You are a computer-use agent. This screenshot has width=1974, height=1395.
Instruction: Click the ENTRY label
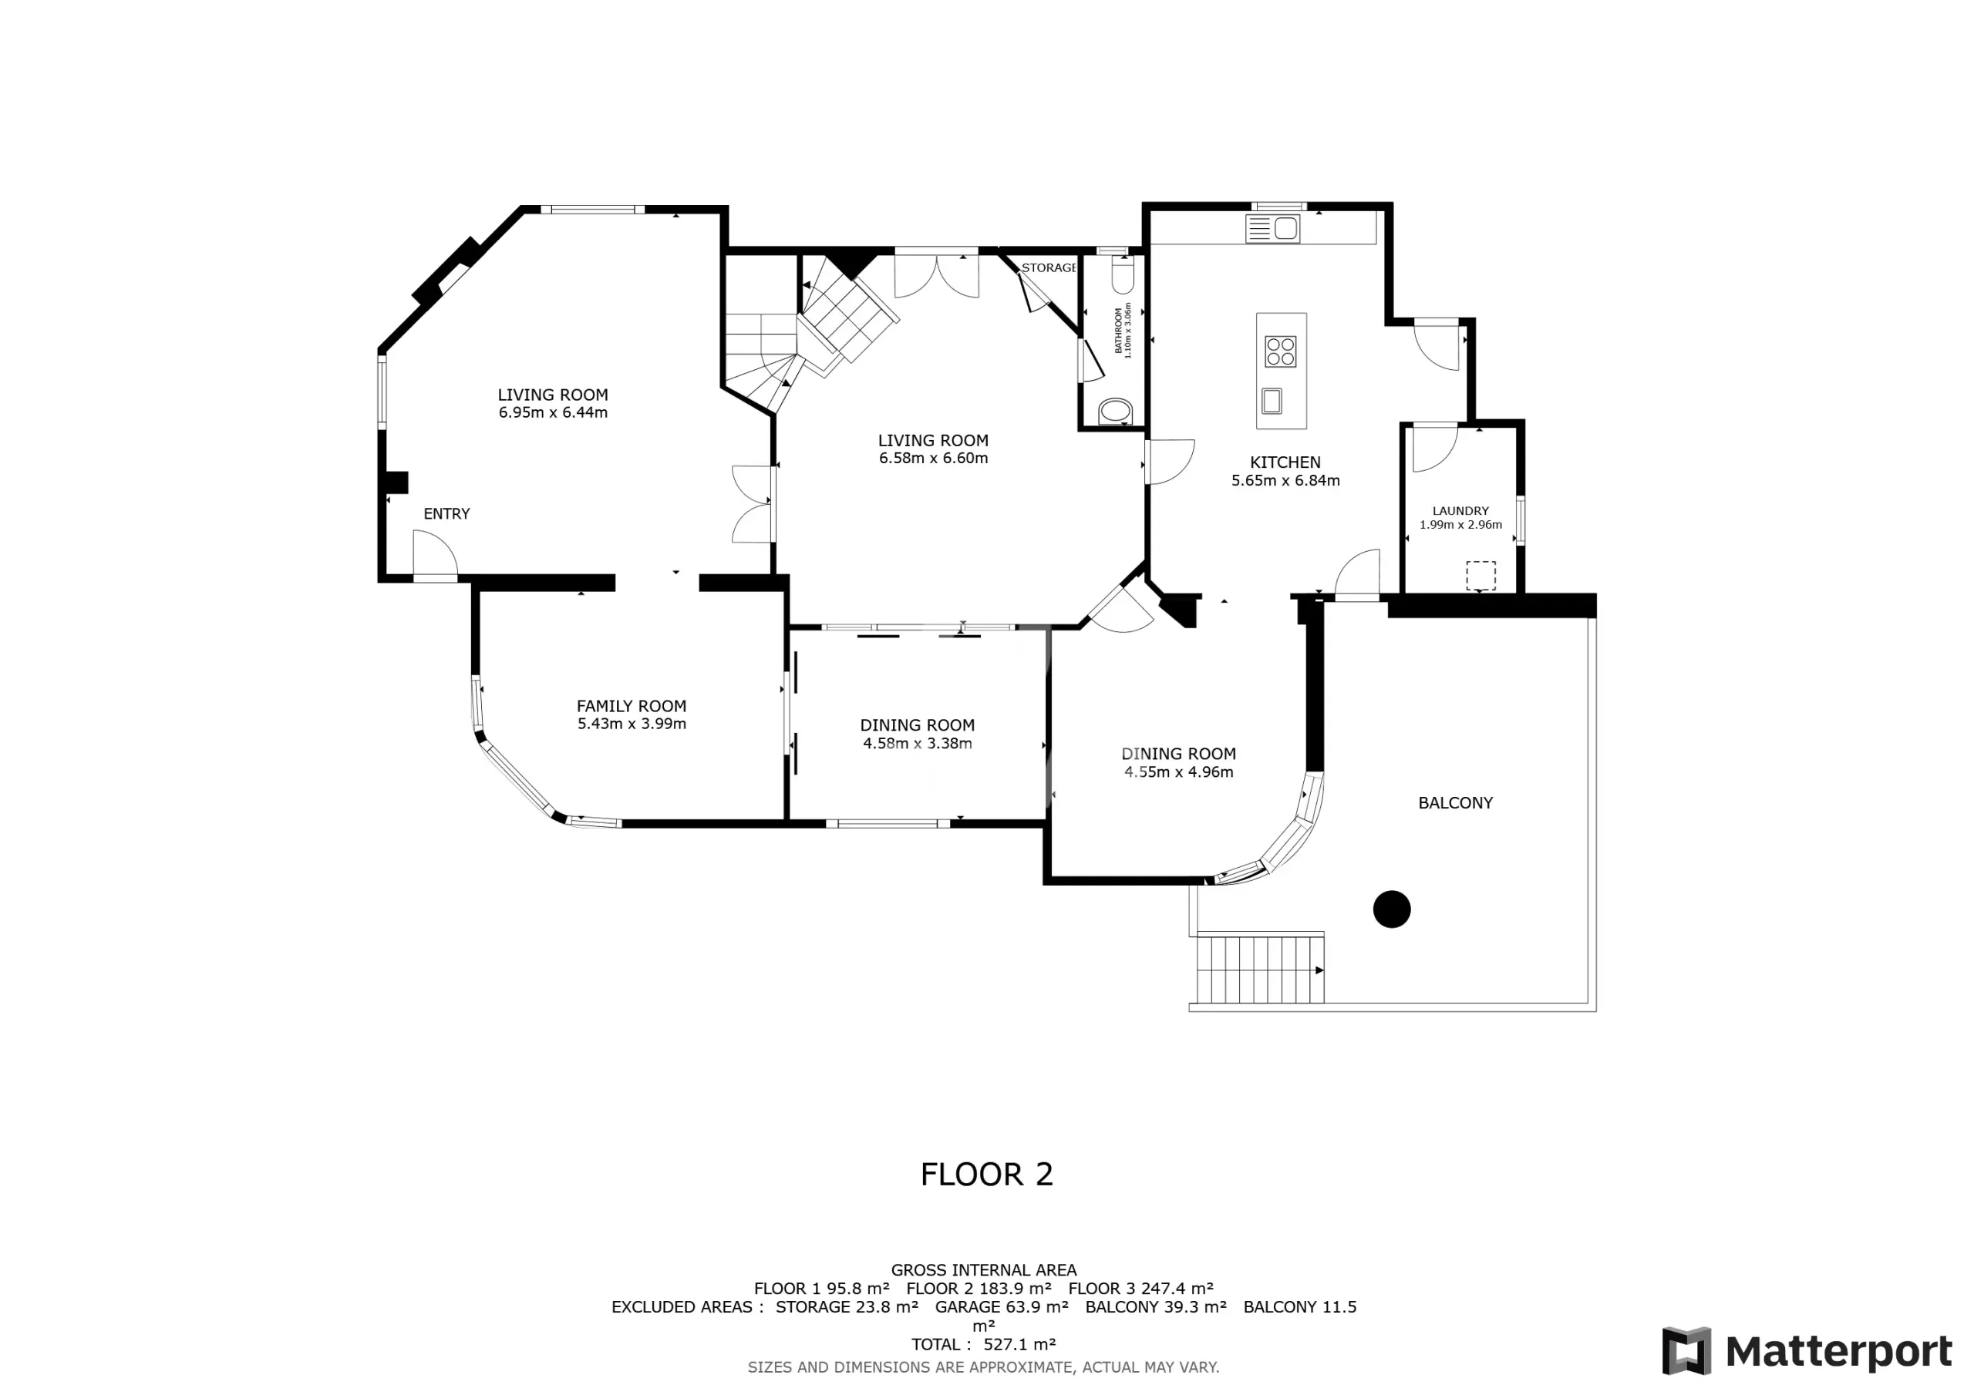pyautogui.click(x=446, y=514)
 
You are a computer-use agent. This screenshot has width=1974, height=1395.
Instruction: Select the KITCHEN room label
pyautogui.click(x=1285, y=462)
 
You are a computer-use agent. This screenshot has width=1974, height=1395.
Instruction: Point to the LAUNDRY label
pyautogui.click(x=1460, y=510)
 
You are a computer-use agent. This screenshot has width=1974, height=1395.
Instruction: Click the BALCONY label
pyautogui.click(x=1456, y=803)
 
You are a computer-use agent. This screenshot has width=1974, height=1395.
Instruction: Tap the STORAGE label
pyautogui.click(x=1049, y=268)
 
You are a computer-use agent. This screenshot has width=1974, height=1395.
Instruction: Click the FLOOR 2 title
pyautogui.click(x=986, y=1174)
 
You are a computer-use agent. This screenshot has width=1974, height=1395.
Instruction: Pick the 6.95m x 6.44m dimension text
pyautogui.click(x=553, y=412)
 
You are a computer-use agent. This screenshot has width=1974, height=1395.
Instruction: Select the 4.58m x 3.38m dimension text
pyautogui.click(x=918, y=744)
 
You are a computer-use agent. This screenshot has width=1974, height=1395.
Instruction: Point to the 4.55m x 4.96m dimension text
pyautogui.click(x=1179, y=771)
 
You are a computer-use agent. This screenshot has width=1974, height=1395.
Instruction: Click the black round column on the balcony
pyautogui.click(x=1392, y=909)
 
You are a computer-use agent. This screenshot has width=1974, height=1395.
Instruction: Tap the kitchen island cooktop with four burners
pyautogui.click(x=1280, y=351)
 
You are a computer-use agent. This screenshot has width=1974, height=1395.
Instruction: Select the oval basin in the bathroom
pyautogui.click(x=1116, y=411)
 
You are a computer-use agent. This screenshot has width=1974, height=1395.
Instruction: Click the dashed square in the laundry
pyautogui.click(x=1480, y=575)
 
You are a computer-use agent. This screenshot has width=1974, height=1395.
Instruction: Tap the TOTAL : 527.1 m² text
pyautogui.click(x=984, y=1344)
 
